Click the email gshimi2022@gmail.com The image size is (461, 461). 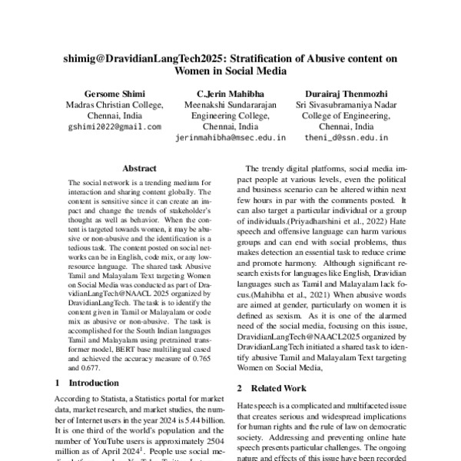(x=114, y=127)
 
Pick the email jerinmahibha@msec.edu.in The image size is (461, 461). (x=230, y=138)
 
